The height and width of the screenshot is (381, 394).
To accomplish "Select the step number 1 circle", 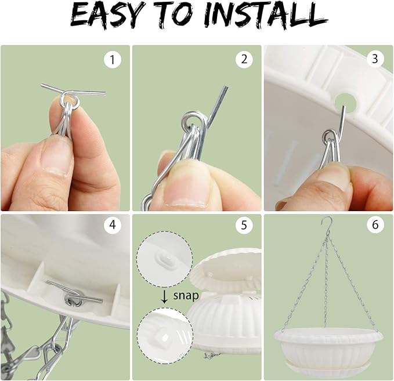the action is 113,60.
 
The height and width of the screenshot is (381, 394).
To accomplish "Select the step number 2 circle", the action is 244,59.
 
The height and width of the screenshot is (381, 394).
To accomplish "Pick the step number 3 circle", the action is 375,59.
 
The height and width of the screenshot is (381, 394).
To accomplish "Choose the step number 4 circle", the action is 113,224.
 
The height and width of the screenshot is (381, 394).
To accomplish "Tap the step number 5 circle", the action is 244,224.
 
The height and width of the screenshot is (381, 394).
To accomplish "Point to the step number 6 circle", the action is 375,224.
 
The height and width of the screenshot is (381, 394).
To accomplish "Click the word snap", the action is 186,296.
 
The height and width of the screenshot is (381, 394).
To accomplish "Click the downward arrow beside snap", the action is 164,296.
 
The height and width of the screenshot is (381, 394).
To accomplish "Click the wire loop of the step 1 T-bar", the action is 70,100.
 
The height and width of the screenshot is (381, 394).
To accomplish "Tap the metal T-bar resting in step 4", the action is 74,293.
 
